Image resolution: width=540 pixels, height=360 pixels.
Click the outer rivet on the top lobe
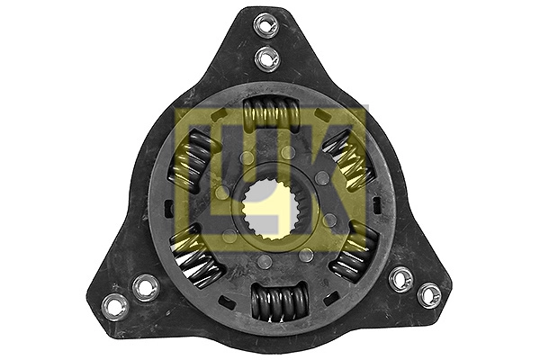click(x=264, y=25)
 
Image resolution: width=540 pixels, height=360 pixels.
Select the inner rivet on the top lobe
click(x=267, y=58)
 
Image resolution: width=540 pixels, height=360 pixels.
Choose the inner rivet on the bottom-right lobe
click(x=401, y=278)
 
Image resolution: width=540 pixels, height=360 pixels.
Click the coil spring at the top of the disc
click(x=271, y=116)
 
